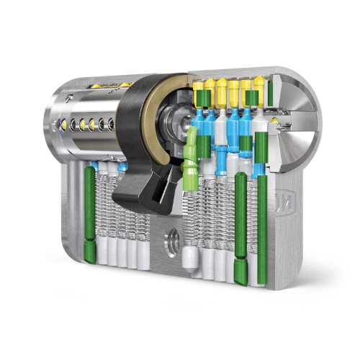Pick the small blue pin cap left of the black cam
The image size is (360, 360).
pyautogui.click(x=122, y=167)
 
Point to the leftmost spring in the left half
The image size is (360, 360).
pyautogui.click(x=102, y=209)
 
